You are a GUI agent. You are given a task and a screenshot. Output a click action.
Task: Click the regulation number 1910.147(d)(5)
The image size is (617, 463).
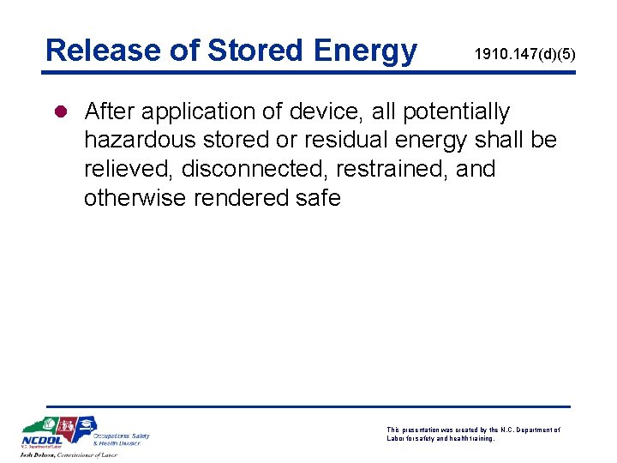[x=524, y=55]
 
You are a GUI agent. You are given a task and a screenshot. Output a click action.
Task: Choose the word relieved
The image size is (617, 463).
[x=129, y=169]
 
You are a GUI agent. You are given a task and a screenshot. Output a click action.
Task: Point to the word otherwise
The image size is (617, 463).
[x=135, y=198]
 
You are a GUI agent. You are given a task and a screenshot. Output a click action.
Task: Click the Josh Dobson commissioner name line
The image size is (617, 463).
[x=69, y=455]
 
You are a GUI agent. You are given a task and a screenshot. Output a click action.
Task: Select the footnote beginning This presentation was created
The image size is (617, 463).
[x=473, y=434]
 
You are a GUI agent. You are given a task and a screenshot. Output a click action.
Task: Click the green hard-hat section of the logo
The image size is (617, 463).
[x=50, y=426]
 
